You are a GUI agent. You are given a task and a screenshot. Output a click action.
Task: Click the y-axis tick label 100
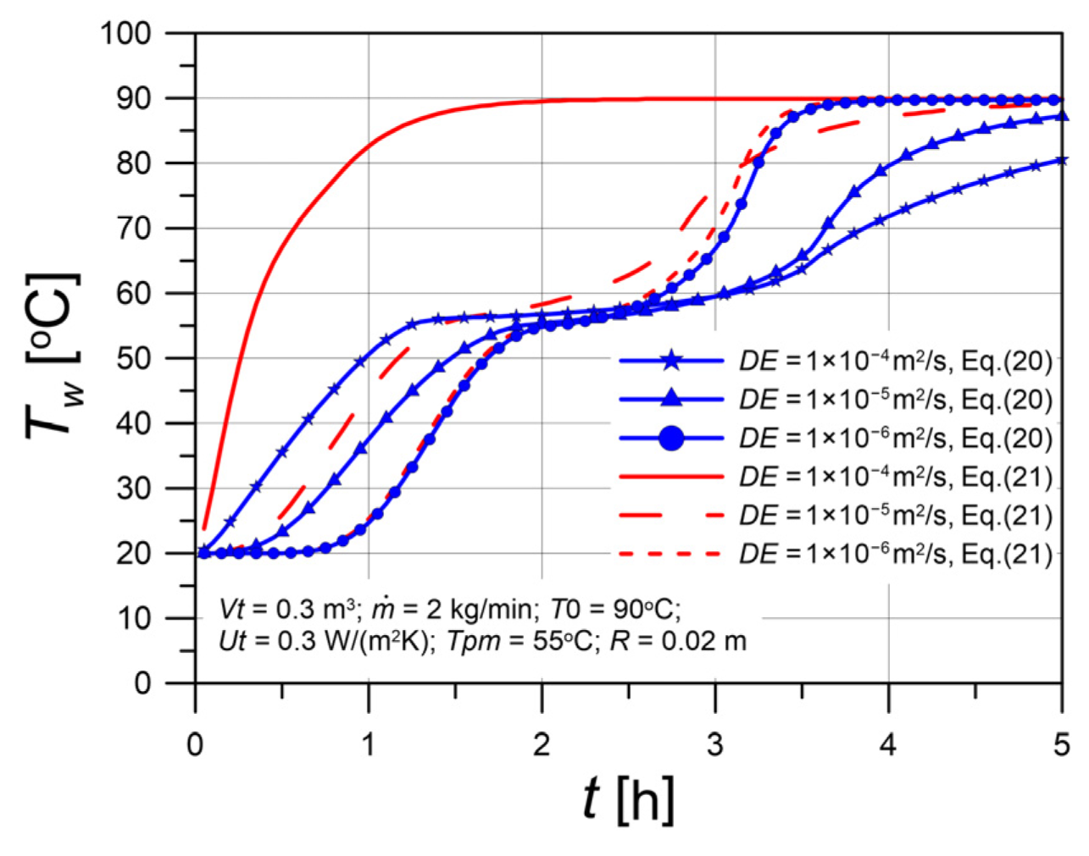coord(126,35)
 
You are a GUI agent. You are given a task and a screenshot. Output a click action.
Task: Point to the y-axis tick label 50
coord(134,359)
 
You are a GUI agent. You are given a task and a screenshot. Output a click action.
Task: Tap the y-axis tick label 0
coord(142,683)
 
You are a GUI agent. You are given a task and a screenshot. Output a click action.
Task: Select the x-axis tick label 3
coord(715,745)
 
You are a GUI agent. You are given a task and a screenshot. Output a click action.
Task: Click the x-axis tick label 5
coord(1062,745)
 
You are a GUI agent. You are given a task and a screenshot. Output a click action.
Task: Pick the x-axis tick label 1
coord(369,745)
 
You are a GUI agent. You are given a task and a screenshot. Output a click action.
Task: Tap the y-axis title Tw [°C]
coord(53,356)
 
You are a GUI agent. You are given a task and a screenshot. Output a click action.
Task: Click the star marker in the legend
coord(671,361)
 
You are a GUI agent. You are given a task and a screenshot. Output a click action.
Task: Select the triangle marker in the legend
coord(671,399)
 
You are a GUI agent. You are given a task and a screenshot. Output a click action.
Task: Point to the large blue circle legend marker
coord(671,438)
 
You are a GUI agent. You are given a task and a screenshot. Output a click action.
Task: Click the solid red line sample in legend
coord(671,477)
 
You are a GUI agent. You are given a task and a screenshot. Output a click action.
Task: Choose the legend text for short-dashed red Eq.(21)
coord(896,555)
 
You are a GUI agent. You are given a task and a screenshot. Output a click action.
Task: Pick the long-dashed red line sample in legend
coord(671,516)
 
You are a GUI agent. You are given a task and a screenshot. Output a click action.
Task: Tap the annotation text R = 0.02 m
coord(678,642)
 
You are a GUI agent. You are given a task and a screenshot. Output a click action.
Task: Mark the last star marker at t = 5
coord(1061,161)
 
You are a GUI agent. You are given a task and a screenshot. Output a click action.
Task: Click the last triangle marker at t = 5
coord(1063,116)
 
